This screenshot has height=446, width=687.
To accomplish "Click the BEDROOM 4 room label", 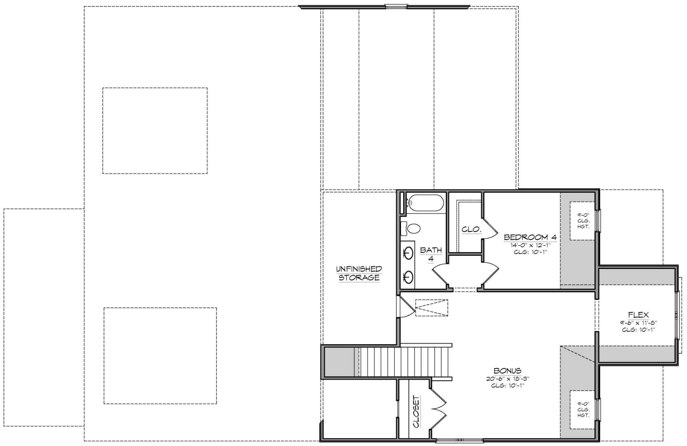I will click(x=530, y=237).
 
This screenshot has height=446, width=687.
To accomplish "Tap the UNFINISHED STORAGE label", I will click(x=359, y=273).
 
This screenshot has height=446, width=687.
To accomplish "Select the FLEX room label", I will click(x=638, y=315).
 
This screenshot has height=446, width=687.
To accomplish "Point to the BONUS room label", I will click(x=507, y=371).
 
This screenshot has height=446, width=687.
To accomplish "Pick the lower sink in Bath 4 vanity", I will click(x=409, y=277).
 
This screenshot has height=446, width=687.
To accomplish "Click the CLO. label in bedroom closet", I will click(x=471, y=230).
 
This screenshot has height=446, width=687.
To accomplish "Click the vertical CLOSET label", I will click(x=416, y=411).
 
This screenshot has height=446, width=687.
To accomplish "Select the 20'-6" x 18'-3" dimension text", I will click(x=508, y=378).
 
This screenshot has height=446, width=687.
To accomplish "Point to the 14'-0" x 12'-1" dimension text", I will click(x=530, y=245).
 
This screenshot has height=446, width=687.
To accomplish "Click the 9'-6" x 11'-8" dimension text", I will click(x=638, y=323).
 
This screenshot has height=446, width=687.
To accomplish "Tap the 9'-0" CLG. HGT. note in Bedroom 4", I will click(x=583, y=221).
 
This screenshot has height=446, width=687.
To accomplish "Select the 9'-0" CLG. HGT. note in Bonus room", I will click(x=583, y=409).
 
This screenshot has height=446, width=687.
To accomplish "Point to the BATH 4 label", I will click(x=431, y=254).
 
